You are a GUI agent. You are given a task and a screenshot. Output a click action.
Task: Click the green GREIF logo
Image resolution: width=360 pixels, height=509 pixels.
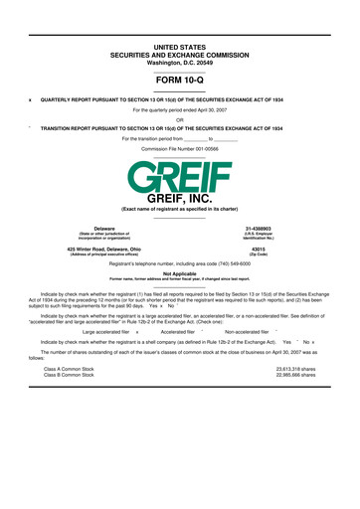[179, 176]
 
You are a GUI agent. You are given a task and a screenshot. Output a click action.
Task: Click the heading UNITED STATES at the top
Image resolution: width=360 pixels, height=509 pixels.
[179, 19]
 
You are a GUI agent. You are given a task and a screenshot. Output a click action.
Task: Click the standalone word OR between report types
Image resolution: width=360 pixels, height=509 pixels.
[179, 119]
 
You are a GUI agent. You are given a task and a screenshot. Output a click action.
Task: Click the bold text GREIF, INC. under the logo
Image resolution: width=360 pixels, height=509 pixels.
[179, 199]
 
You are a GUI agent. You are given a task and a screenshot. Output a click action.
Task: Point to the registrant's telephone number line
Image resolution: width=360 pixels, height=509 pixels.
[179, 262]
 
